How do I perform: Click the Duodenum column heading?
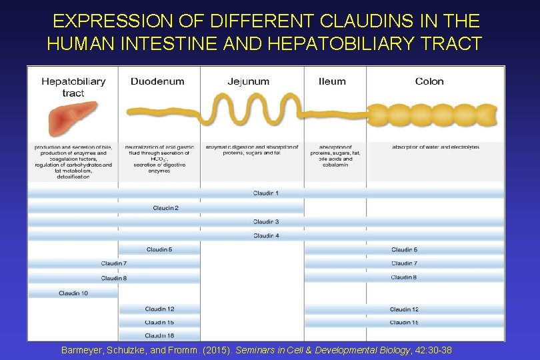157,82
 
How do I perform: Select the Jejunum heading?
248,82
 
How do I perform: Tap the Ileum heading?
332,82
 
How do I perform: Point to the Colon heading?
429,82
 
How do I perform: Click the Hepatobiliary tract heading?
73,87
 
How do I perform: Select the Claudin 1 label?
266,193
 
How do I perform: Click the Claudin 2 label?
165,208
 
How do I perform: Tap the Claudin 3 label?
266,221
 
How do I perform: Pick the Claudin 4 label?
266,235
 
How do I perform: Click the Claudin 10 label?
73,293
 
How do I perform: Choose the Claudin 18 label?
160,335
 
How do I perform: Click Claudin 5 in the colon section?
405,250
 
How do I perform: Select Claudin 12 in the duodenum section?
160,309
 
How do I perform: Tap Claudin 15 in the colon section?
405,323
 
